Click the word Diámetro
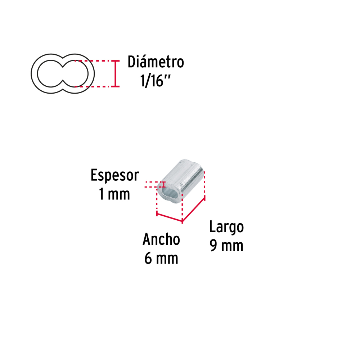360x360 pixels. pos(156,62)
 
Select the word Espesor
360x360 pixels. pos(114,176)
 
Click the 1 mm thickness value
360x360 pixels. pos(114,194)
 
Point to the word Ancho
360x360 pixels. pos(161,239)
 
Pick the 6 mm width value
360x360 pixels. pos(161,258)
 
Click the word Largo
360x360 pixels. pos(226,228)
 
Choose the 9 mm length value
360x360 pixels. pos(226,246)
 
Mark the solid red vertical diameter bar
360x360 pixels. pos(115,74)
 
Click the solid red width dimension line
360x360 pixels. pos(170,218)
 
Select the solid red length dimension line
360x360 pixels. pos(194,210)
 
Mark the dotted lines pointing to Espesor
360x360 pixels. pos(150,185)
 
